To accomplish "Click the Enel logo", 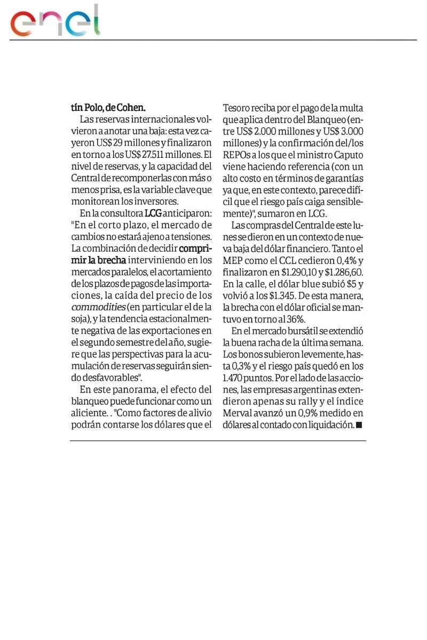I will tap(56, 23).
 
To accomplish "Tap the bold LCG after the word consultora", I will tap(153, 213).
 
